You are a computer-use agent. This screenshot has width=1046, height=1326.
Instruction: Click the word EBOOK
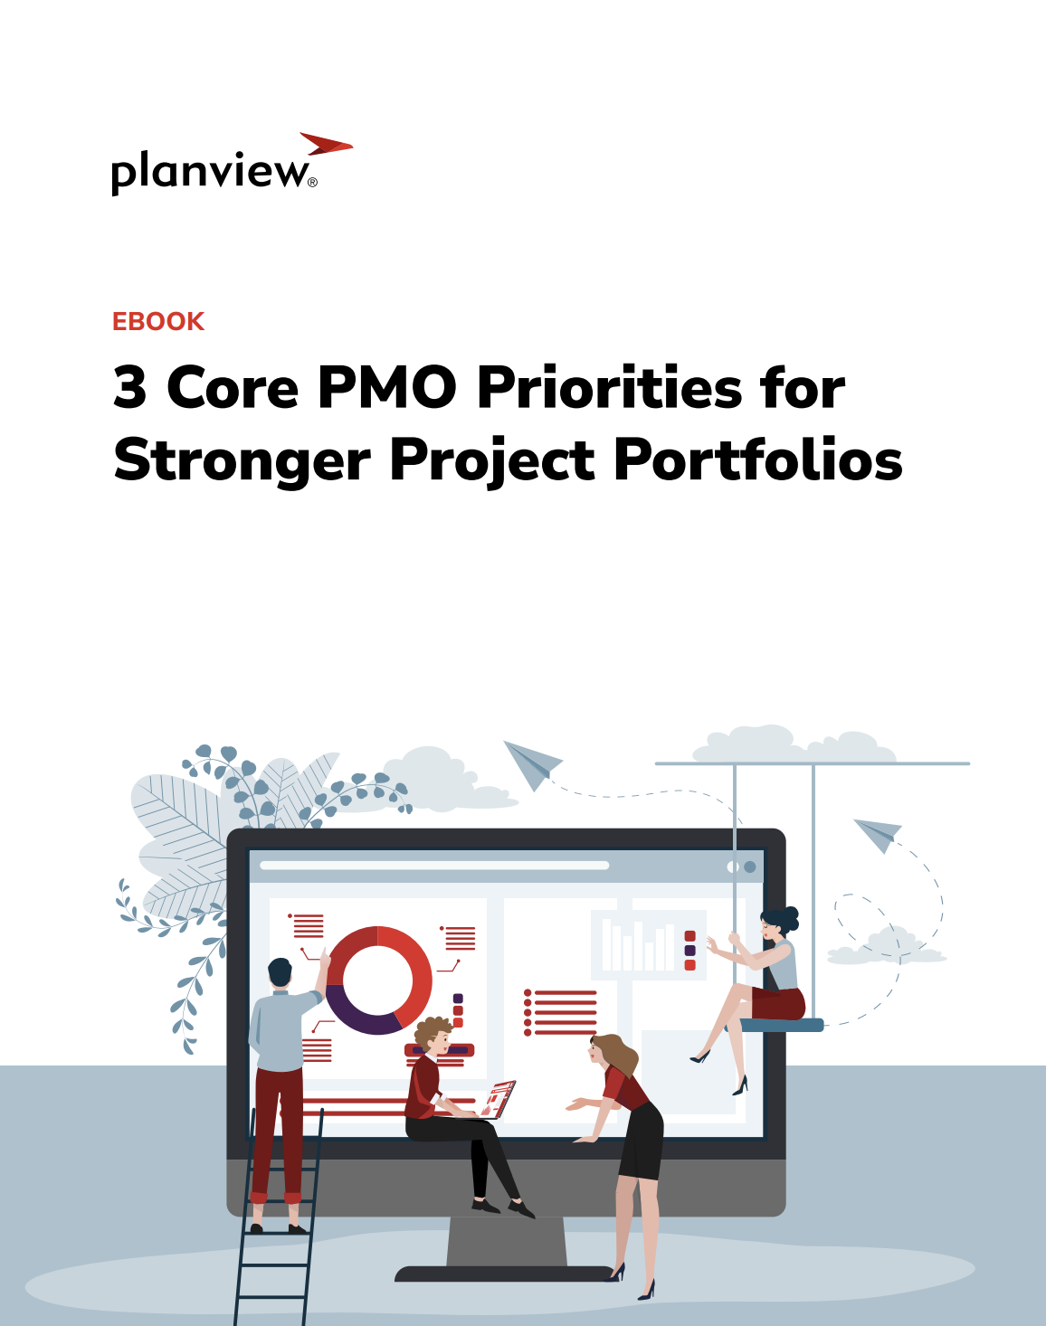coord(158,321)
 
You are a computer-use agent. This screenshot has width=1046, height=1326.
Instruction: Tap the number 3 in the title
coord(130,388)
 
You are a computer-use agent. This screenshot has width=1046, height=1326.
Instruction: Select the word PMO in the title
coord(386,388)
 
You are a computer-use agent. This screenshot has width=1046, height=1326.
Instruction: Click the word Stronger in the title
coord(242,461)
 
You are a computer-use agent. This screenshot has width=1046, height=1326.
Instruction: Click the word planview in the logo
coord(210,172)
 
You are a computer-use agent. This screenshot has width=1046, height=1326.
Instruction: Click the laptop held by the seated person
coord(499,1099)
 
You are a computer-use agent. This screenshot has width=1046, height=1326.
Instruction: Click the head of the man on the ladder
coord(281,973)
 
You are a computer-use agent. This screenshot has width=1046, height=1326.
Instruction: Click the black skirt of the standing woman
coord(643,1141)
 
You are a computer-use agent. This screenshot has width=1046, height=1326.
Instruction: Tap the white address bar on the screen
coord(434,866)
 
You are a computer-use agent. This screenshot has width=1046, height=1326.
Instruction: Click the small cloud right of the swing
coord(886,946)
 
